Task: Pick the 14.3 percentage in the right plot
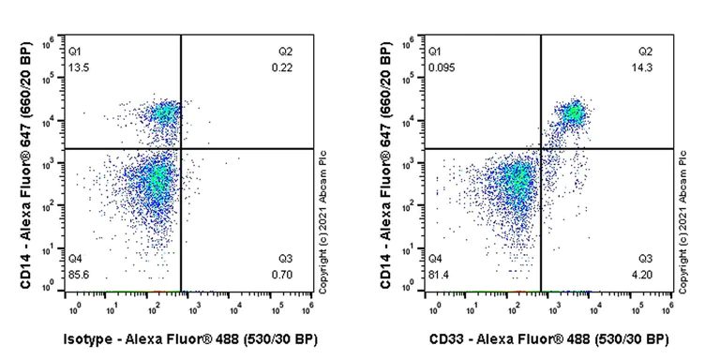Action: [647, 67]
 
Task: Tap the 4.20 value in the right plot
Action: [647, 273]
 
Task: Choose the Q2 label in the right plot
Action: [646, 51]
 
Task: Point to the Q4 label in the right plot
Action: [436, 256]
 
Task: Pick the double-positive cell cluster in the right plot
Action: [572, 114]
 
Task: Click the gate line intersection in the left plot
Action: [180, 148]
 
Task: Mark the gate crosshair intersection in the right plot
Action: [541, 148]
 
